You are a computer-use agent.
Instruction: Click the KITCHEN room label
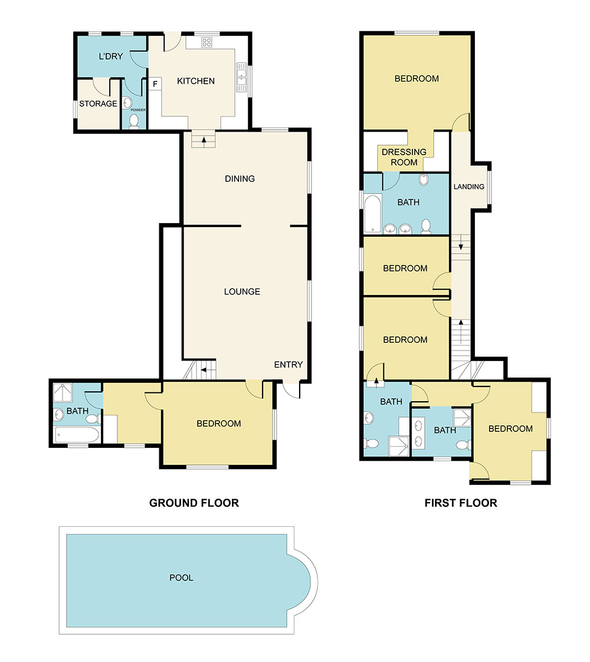click(196, 81)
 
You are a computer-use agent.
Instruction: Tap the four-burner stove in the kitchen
click(207, 42)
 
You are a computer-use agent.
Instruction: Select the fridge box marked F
click(155, 84)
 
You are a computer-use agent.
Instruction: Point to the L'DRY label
click(110, 57)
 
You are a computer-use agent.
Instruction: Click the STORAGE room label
click(98, 103)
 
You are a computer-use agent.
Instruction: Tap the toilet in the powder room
click(134, 122)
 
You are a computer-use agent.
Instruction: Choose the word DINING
click(240, 178)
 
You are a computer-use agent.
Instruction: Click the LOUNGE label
click(242, 291)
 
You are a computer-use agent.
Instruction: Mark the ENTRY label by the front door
click(289, 365)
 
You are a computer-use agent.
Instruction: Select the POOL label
click(181, 578)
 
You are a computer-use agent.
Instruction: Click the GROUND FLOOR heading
click(194, 503)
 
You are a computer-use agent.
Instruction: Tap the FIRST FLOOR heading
click(461, 503)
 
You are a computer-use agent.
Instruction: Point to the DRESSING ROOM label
click(404, 157)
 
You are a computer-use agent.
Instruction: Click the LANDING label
click(469, 186)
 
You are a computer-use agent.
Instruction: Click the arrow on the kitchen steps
click(204, 140)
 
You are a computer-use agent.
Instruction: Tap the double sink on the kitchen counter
click(242, 78)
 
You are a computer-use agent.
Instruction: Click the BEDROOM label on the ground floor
click(219, 423)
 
